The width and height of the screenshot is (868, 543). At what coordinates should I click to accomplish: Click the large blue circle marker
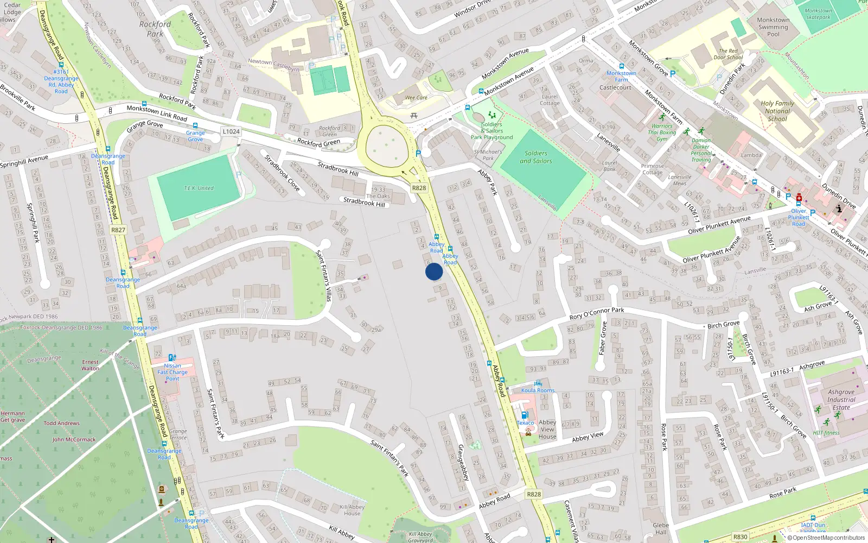434,271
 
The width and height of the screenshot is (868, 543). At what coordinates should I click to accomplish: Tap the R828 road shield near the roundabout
419,188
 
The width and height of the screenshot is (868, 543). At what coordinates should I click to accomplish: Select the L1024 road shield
231,131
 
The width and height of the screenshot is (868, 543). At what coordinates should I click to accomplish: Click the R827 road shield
118,230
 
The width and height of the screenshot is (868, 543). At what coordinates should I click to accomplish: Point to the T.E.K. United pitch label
199,188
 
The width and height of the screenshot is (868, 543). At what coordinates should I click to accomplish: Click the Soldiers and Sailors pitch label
535,157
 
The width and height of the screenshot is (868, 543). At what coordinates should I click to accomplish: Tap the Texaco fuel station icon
524,415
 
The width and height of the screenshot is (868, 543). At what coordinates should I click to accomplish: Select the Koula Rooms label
538,390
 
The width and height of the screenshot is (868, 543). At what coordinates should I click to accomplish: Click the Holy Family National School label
777,111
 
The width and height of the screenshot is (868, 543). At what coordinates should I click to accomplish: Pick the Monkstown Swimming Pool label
773,27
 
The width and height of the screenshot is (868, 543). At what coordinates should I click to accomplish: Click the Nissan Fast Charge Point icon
172,358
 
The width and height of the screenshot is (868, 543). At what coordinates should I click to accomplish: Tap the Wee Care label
416,98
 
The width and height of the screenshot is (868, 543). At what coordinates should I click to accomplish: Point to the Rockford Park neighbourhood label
155,29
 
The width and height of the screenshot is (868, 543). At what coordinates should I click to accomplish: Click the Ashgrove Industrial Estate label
841,399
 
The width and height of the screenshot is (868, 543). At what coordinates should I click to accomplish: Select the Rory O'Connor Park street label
596,313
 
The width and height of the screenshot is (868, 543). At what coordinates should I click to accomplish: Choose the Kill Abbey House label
352,510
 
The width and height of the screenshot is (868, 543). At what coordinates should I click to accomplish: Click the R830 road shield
740,536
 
